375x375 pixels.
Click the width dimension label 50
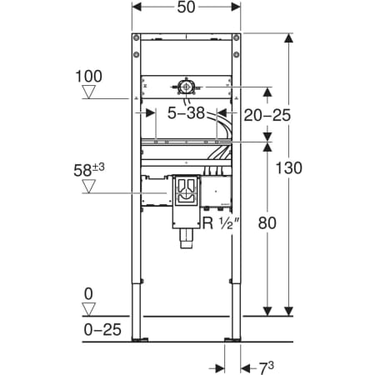point(186,7)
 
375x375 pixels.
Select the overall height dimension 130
point(288,168)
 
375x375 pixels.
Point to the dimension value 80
point(267,222)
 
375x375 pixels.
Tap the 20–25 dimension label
point(267,115)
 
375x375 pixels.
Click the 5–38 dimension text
point(186,113)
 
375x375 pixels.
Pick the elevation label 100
point(89,76)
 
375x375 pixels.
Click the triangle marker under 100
point(89,92)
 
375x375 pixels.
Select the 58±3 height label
point(89,169)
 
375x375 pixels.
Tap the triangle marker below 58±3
point(89,186)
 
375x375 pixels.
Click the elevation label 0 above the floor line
point(88,294)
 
